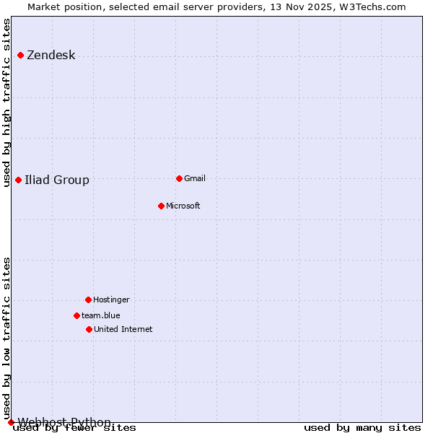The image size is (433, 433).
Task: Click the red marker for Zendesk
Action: (20, 55)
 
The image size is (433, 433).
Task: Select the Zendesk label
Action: (51, 56)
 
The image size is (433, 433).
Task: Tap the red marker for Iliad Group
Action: (18, 180)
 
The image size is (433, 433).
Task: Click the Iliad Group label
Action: (57, 180)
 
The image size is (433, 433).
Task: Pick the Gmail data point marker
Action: (179, 178)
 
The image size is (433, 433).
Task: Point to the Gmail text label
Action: (195, 178)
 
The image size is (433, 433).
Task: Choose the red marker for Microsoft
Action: (161, 206)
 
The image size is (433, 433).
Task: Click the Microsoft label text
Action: (183, 206)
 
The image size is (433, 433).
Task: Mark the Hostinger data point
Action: (88, 299)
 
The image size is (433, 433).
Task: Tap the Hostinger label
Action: (112, 299)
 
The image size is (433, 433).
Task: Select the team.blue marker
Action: (76, 315)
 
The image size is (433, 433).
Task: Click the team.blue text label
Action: (101, 315)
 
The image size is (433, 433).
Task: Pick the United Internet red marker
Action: (89, 329)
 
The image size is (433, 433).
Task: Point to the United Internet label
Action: (123, 329)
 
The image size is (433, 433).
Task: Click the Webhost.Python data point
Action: (11, 422)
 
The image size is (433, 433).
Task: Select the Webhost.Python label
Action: (64, 422)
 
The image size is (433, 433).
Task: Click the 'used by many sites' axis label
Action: (362, 428)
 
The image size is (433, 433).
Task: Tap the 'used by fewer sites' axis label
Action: (75, 428)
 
